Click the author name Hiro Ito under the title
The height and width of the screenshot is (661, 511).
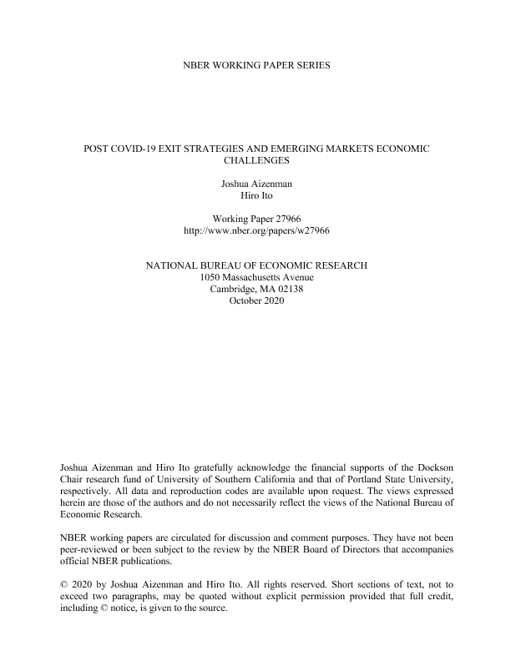click(256, 194)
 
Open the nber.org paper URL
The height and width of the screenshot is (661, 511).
click(256, 230)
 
